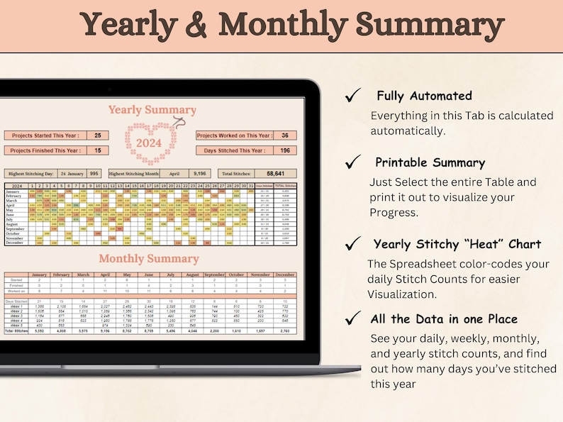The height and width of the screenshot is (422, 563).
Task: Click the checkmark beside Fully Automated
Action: coord(351,96)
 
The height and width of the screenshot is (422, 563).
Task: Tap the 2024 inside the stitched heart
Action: coord(149,142)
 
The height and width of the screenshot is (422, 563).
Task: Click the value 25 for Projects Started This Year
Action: coord(97,135)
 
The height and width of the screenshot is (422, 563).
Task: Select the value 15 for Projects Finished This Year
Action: coord(97,150)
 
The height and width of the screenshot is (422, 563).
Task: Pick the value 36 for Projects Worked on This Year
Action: coord(284,135)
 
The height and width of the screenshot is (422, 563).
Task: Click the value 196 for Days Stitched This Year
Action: coord(284,150)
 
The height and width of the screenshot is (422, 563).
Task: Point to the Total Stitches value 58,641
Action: coord(275,173)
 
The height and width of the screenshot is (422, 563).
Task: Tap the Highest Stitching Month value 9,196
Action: coord(199,173)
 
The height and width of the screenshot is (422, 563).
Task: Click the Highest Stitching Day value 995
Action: coord(95,173)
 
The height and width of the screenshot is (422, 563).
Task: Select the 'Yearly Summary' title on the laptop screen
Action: coord(152,110)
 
